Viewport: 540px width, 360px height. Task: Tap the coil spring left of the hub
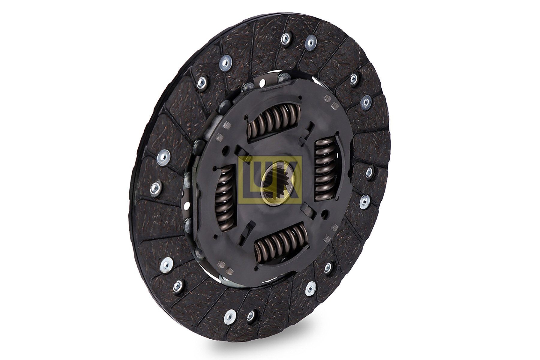(x=225, y=196)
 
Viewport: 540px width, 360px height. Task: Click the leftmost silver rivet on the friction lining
(x=155, y=188)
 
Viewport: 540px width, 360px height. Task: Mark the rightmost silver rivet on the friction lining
(x=370, y=172)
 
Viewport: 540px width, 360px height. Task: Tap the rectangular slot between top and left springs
(x=240, y=149)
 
